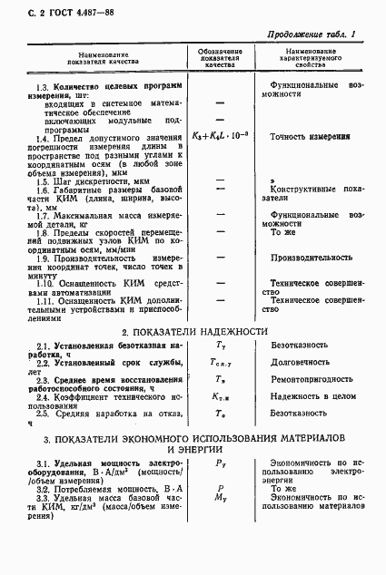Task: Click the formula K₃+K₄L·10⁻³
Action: (220, 136)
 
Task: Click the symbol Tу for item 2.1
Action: (220, 346)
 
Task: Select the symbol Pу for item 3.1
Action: (220, 463)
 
